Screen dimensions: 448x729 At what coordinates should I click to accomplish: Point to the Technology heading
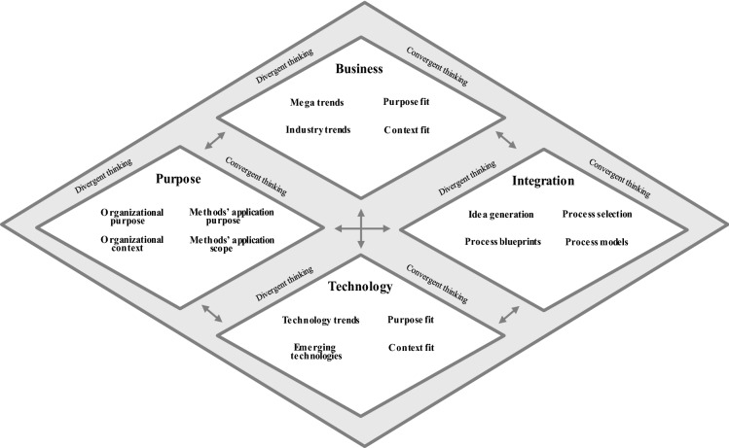click(360, 287)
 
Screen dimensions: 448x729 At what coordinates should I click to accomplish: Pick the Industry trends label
click(317, 129)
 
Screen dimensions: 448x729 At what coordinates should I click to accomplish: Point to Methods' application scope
click(232, 244)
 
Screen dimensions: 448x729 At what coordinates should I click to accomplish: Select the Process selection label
click(597, 213)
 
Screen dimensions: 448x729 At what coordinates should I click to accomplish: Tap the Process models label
click(596, 241)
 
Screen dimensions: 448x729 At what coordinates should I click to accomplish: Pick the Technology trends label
click(321, 320)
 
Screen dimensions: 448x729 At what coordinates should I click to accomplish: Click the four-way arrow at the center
click(362, 228)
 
